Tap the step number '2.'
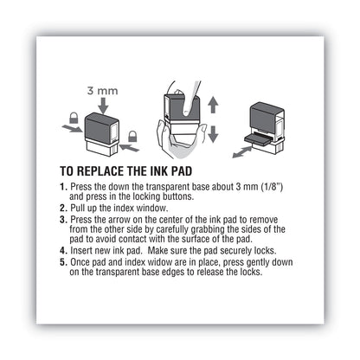(x=63, y=209)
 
